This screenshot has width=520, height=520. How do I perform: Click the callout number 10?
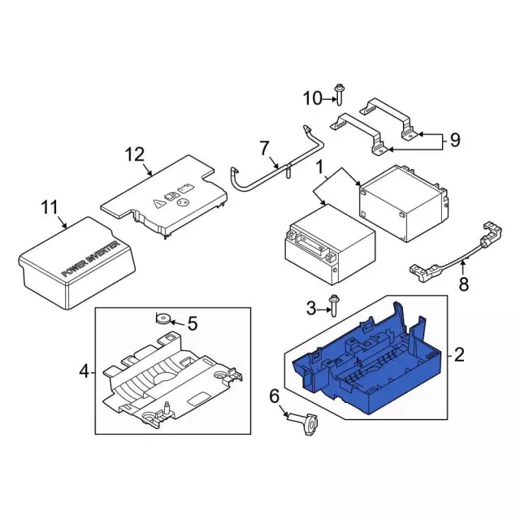click(313, 98)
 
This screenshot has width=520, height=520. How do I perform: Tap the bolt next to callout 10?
click(339, 94)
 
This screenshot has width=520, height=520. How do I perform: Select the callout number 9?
click(455, 141)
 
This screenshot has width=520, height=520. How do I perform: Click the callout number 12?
click(135, 154)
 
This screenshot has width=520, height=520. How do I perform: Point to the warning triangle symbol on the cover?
click(159, 204)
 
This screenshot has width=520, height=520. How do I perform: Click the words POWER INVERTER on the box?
click(90, 259)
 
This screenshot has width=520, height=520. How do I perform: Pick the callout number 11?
click(50, 208)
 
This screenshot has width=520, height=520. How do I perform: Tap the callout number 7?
click(263, 148)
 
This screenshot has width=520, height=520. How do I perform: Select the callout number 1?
click(319, 167)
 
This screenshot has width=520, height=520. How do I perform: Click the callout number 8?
click(463, 284)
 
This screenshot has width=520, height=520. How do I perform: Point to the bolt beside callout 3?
click(334, 305)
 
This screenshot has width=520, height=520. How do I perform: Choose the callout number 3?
click(311, 309)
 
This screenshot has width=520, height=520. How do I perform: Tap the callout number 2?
click(459, 355)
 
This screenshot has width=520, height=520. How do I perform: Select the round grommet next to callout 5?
click(163, 319)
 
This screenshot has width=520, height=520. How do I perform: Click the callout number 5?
click(193, 323)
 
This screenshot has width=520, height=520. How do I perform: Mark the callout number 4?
click(84, 371)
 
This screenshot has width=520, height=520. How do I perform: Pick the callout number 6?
click(275, 396)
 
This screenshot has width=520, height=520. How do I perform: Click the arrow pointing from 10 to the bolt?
click(329, 99)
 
